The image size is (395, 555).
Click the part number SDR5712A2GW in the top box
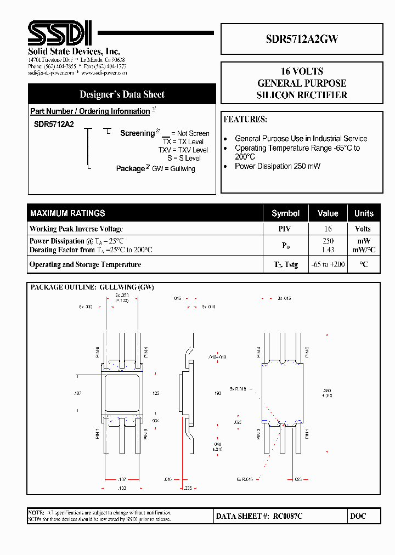click(302, 39)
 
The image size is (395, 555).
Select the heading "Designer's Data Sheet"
click(122, 94)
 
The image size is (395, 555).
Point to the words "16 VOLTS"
click(302, 71)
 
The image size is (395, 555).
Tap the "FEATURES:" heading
click(245, 120)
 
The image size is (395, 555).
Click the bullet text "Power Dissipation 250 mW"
click(278, 166)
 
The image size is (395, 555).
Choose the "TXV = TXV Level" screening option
click(183, 150)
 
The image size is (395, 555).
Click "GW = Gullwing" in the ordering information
click(173, 169)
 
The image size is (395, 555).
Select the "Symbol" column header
click(285, 213)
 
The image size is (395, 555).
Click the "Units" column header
click(363, 213)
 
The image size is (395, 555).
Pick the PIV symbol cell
click(285, 229)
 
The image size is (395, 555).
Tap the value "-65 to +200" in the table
click(328, 264)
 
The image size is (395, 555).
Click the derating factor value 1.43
click(328, 250)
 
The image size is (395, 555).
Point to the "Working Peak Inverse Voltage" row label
click(76, 229)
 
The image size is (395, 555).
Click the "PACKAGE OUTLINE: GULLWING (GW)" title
click(92, 287)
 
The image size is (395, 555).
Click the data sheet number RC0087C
click(289, 516)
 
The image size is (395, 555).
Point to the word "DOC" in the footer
click(358, 516)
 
